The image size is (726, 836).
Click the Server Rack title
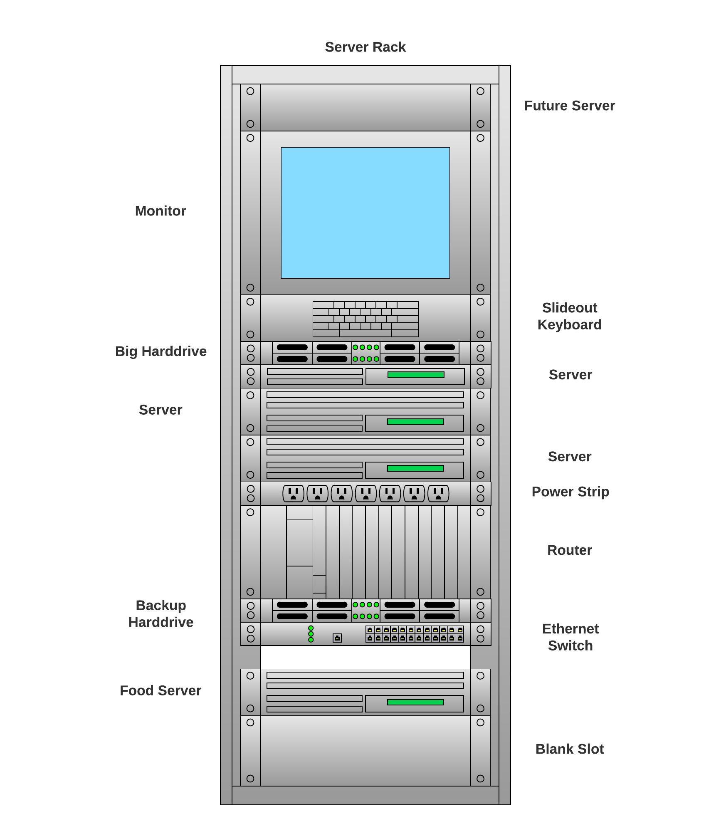click(365, 47)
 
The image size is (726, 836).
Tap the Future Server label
click(569, 106)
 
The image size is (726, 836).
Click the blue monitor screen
click(365, 213)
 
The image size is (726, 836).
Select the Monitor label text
click(160, 211)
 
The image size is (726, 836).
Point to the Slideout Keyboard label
click(569, 316)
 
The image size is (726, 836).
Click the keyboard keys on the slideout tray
click(365, 319)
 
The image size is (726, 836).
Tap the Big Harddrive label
click(161, 351)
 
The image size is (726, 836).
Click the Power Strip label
click(570, 492)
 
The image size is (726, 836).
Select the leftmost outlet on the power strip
click(293, 494)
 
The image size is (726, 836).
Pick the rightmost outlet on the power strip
click(438, 494)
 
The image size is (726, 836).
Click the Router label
click(569, 550)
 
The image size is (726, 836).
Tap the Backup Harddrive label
click(161, 613)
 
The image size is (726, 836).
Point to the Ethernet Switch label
click(570, 637)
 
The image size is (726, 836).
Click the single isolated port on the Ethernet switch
click(337, 638)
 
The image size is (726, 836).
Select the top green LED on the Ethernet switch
click(311, 628)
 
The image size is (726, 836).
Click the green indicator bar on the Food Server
click(415, 702)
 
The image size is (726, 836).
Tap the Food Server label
click(160, 690)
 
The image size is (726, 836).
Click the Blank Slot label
click(569, 749)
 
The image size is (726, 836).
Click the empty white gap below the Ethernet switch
click(365, 657)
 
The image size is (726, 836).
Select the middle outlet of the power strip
click(366, 494)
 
